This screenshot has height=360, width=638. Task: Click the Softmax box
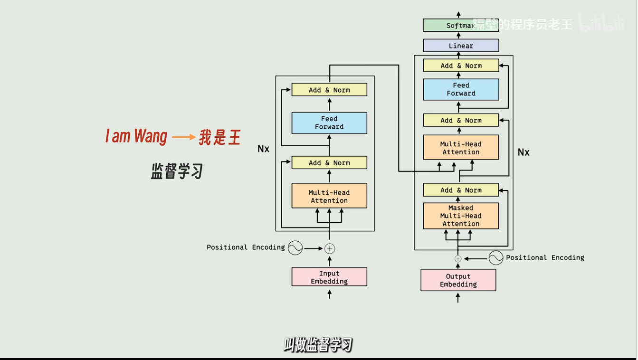(x=460, y=26)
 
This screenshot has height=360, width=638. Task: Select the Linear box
(x=460, y=46)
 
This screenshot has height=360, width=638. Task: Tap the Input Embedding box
(x=329, y=277)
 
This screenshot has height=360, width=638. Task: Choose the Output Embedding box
(x=458, y=280)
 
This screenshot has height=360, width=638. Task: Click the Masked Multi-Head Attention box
(x=460, y=216)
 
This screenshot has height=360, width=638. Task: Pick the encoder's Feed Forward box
(x=329, y=123)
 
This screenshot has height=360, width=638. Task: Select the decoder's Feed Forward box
(x=460, y=89)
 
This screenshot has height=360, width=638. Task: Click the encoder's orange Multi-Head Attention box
(x=329, y=196)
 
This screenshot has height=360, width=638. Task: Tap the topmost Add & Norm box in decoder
(x=460, y=66)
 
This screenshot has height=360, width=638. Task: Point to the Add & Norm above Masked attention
(x=460, y=190)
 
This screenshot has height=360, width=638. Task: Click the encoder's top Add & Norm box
(x=329, y=90)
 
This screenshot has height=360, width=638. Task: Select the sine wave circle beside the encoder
(x=295, y=247)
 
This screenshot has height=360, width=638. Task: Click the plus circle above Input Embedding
(x=330, y=248)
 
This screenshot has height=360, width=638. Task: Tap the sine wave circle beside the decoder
(x=495, y=257)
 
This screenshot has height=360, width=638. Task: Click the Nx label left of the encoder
(x=263, y=149)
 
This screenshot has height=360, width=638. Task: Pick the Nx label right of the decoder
(x=523, y=152)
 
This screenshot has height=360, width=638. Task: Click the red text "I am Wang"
(x=136, y=137)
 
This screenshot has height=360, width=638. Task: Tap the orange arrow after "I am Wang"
(x=183, y=137)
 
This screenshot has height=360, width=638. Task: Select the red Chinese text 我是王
(x=219, y=137)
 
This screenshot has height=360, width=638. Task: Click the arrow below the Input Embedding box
(x=329, y=294)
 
